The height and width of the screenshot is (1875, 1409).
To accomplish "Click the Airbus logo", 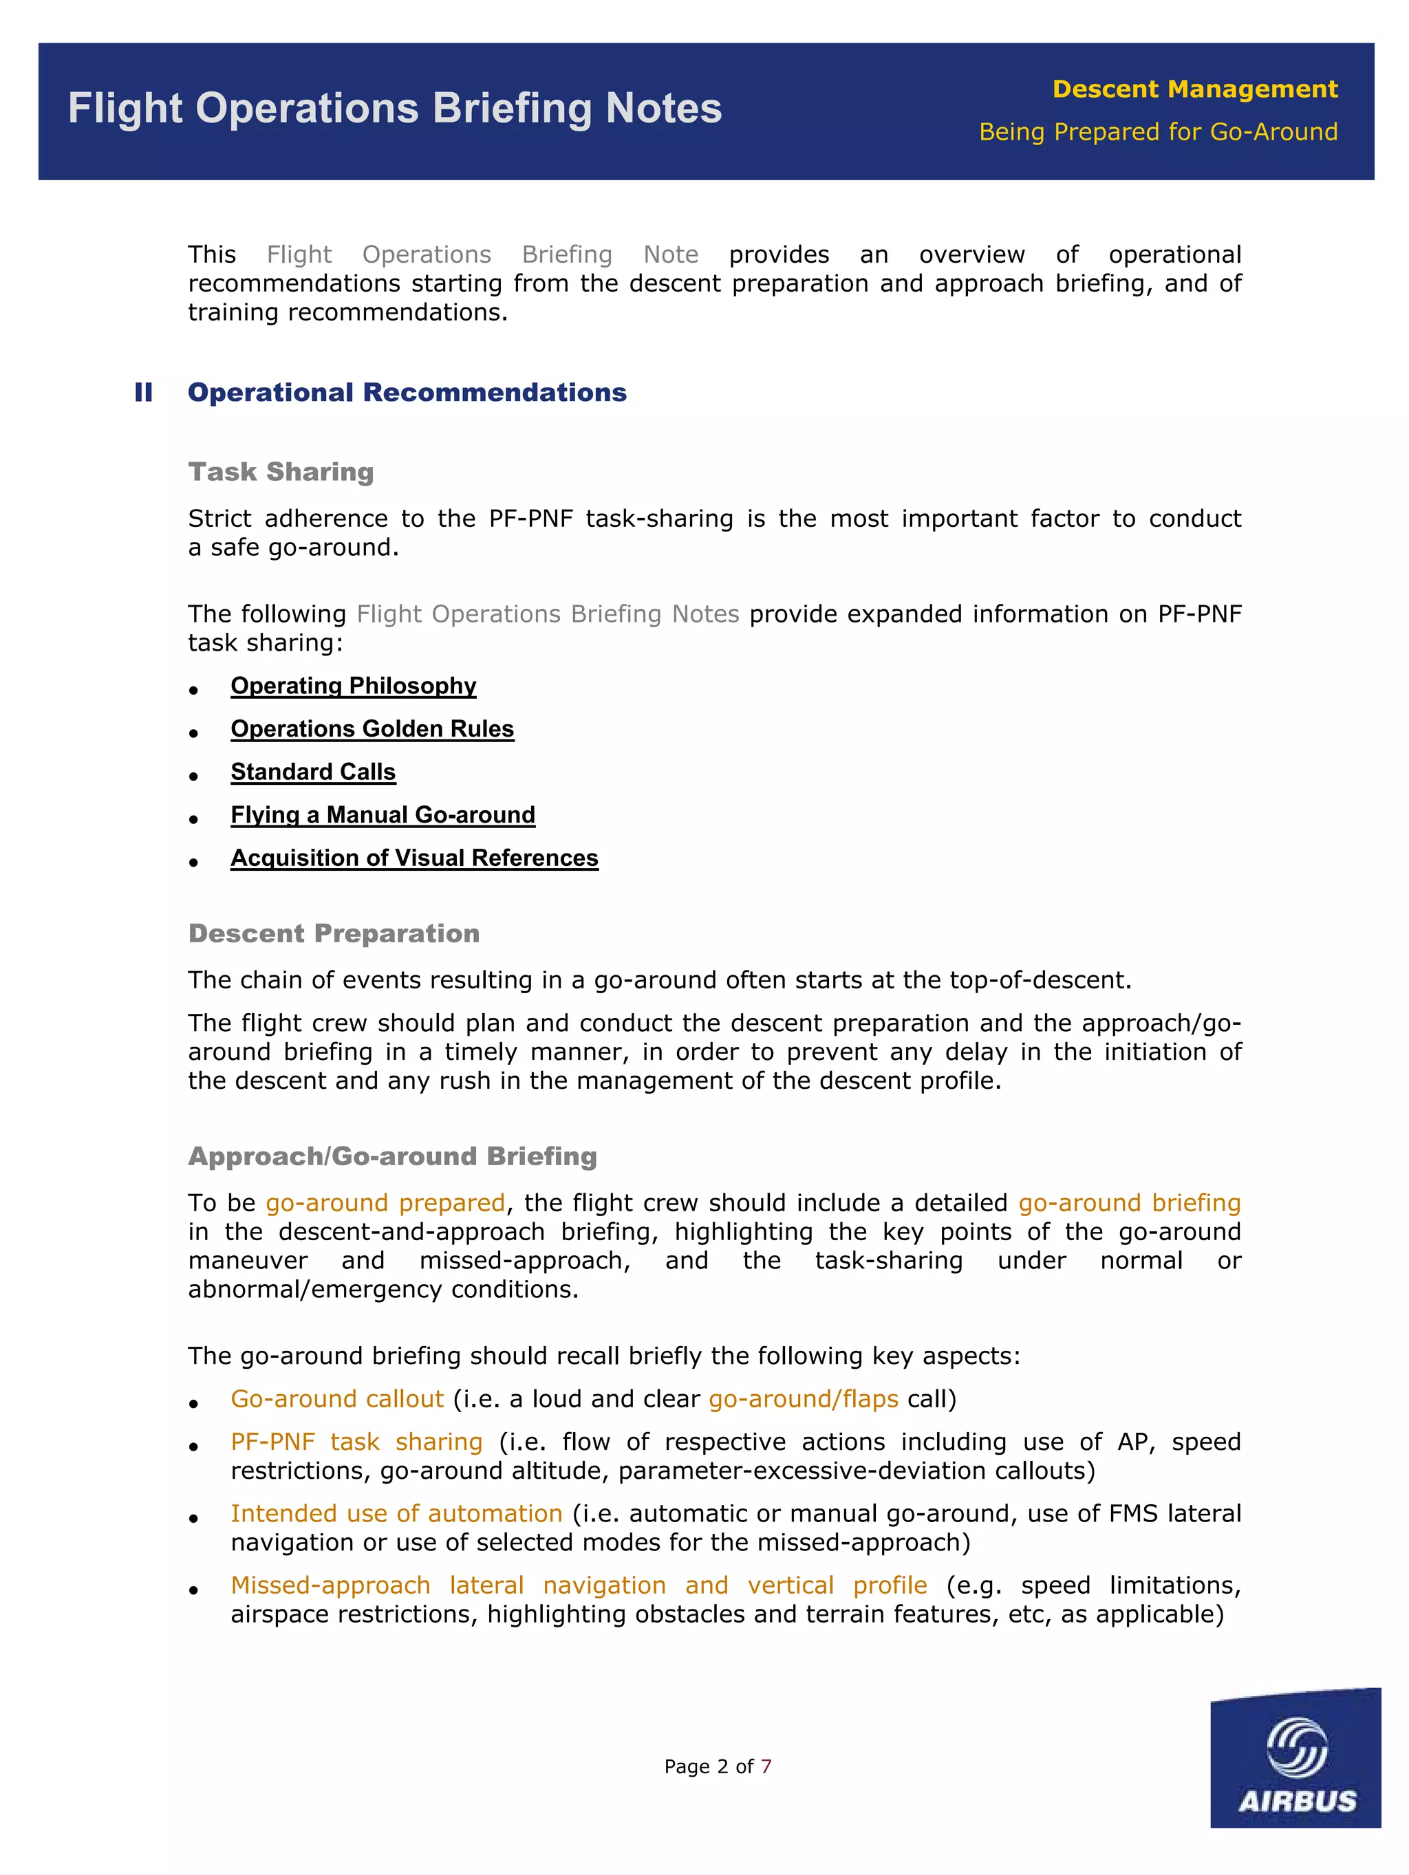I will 1295,1755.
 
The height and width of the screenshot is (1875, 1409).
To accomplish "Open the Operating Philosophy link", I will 353,686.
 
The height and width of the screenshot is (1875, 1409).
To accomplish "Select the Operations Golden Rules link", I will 372,729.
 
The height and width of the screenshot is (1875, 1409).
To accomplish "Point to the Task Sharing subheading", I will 281,472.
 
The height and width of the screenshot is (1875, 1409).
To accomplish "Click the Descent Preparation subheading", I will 333,933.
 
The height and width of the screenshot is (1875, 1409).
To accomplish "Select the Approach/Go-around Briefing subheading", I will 393,1156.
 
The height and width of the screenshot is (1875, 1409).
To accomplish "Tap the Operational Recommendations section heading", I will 407,393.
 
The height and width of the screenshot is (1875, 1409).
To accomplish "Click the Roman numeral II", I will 143,393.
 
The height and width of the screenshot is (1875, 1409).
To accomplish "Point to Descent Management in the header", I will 1194,89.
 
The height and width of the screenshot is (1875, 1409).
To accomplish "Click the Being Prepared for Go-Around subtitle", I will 1158,132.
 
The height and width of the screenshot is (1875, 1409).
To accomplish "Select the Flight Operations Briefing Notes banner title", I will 395,109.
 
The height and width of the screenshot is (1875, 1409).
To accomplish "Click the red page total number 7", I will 766,1766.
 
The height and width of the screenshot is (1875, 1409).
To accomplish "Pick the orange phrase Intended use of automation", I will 396,1513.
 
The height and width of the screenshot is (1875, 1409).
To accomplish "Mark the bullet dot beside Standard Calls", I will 193,776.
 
